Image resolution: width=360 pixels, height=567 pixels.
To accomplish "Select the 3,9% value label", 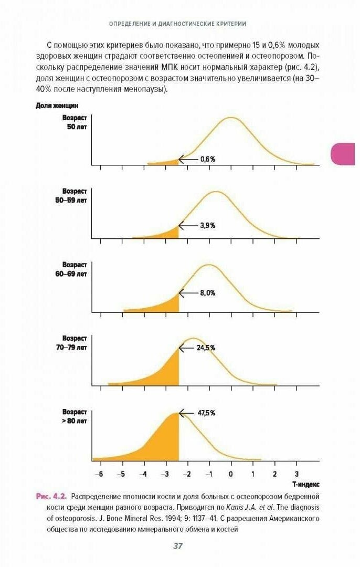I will pos(208,225).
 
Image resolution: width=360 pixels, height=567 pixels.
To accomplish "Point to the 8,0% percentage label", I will pos(208,293).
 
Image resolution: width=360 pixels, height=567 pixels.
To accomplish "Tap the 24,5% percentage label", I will pos(206,348).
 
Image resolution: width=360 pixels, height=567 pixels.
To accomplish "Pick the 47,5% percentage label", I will pos(206,413).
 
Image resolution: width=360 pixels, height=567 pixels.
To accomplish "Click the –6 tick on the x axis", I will pos(99,473).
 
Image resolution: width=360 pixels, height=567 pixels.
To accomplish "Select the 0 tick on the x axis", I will pos(231,473).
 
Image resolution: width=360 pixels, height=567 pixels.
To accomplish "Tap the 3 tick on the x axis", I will pos(297,473).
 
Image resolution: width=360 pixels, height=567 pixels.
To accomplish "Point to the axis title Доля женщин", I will pos(57,106).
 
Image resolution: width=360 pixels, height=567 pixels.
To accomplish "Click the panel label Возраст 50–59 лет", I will pos(75,196).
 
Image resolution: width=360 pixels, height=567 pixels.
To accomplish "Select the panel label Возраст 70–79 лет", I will pos(75,342).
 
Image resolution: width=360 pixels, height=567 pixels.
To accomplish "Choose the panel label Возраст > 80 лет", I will pos(75,416).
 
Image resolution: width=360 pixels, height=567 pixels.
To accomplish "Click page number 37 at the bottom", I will pos(178,546).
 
